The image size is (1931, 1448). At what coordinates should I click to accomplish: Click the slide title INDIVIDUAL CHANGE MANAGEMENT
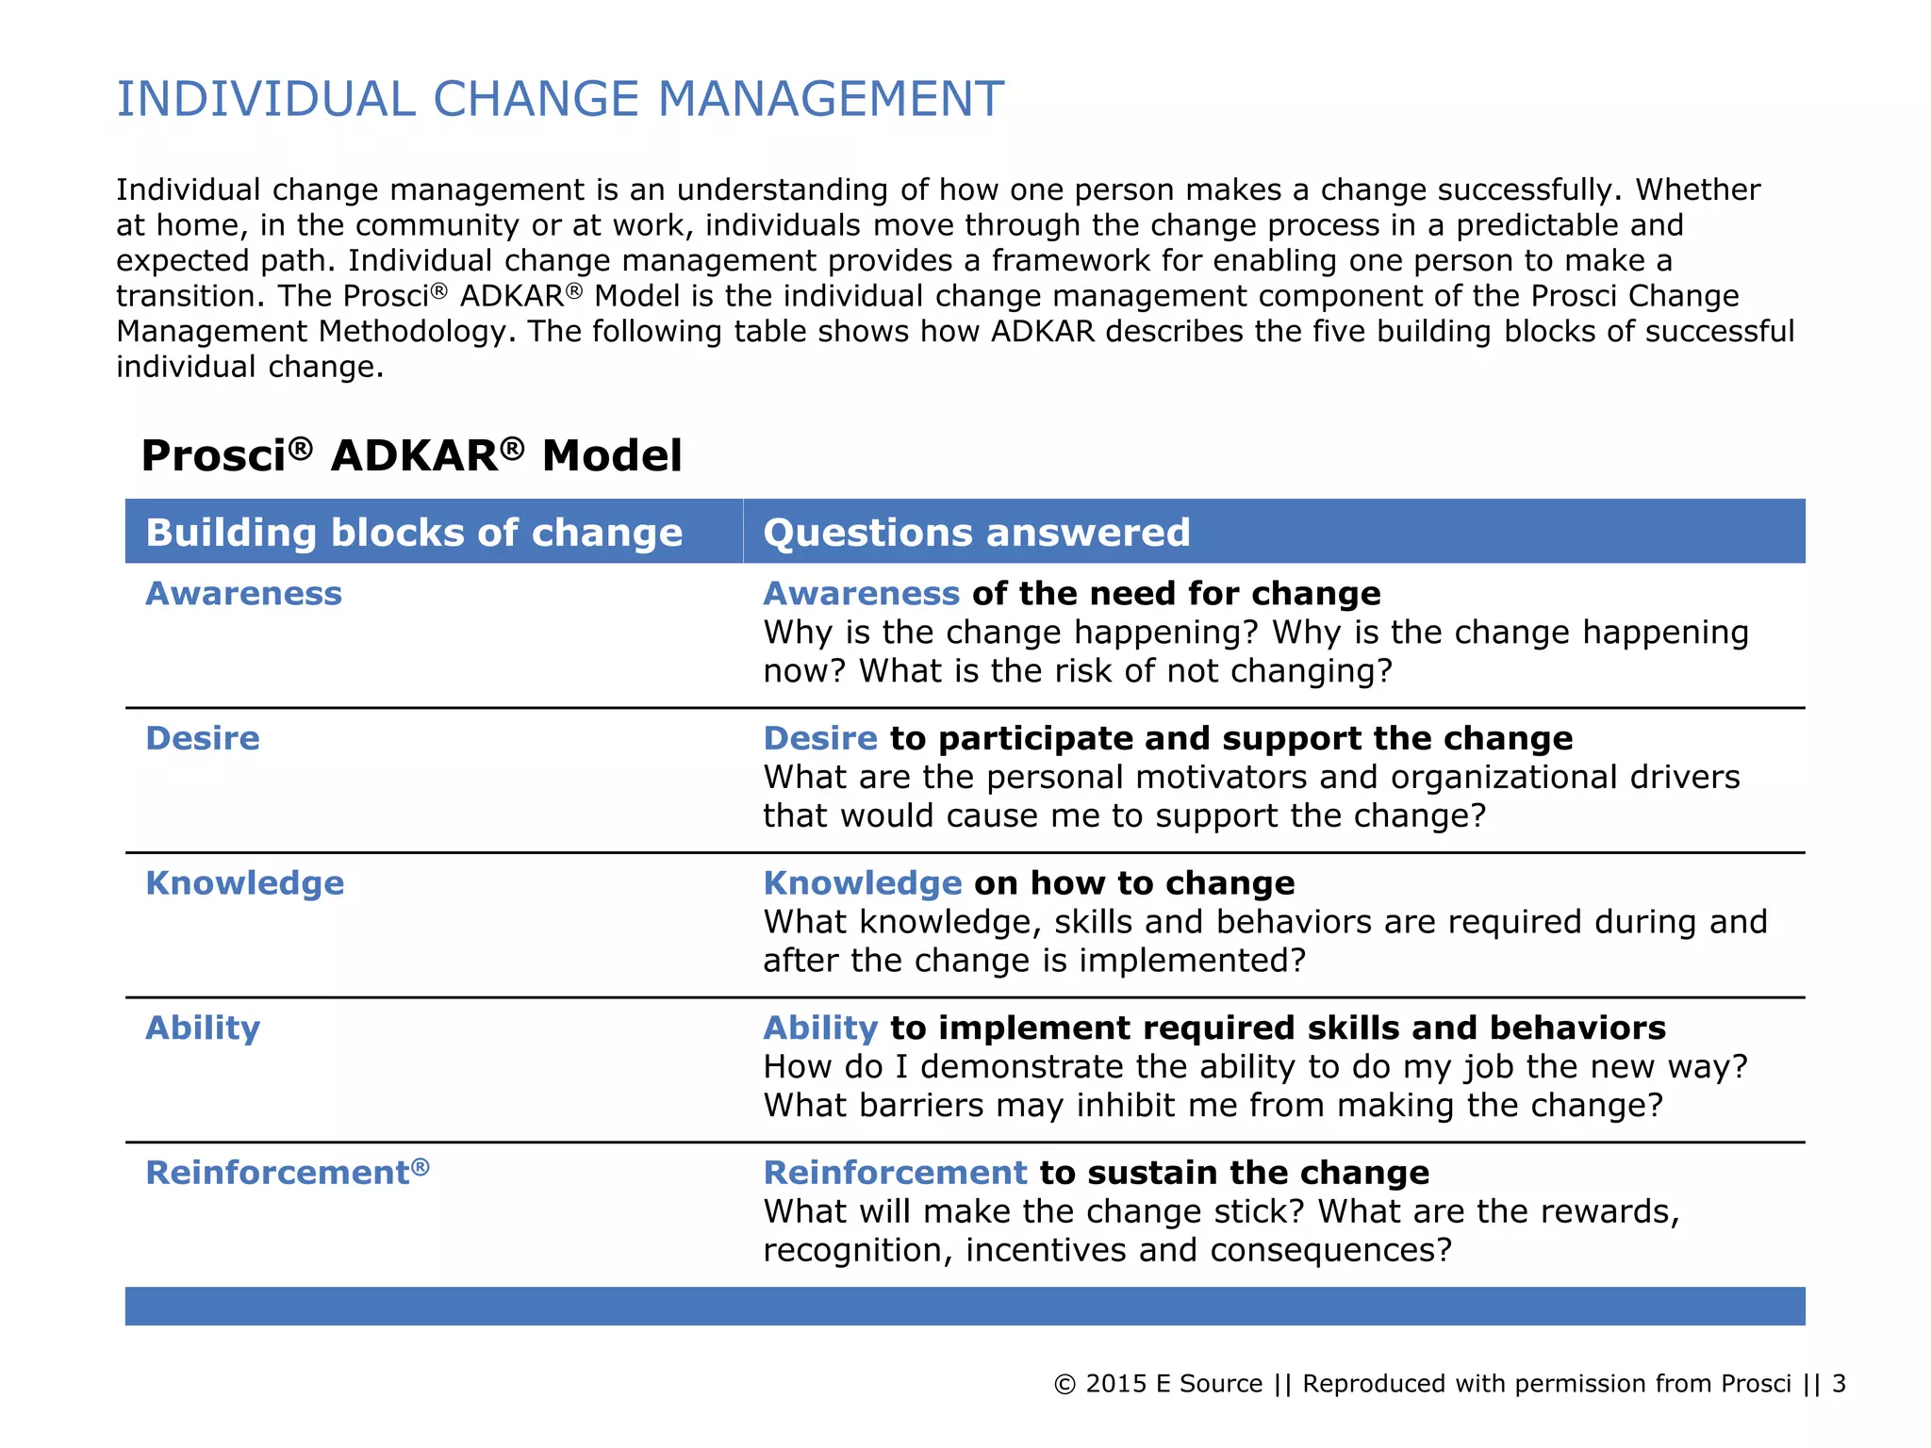560,99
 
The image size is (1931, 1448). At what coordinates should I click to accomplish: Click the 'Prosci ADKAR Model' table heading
411,455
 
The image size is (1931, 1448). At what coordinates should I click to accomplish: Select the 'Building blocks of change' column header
414,533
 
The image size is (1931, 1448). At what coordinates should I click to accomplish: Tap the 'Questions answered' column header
977,533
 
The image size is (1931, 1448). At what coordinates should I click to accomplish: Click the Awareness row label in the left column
243,594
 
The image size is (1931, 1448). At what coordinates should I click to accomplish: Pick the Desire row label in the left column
202,738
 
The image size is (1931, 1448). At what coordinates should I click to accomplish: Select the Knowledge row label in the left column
244,883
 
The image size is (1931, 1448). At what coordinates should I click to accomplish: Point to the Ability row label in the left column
203,1028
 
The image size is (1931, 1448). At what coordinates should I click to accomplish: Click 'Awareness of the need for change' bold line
1071,594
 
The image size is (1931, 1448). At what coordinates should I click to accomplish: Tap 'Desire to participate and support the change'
1167,738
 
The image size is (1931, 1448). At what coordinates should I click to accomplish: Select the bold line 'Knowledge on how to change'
1029,883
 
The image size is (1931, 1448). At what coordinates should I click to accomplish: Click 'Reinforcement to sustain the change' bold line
1096,1173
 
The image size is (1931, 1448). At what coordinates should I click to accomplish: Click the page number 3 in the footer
1839,1384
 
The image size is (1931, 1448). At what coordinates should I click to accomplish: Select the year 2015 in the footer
1115,1384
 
